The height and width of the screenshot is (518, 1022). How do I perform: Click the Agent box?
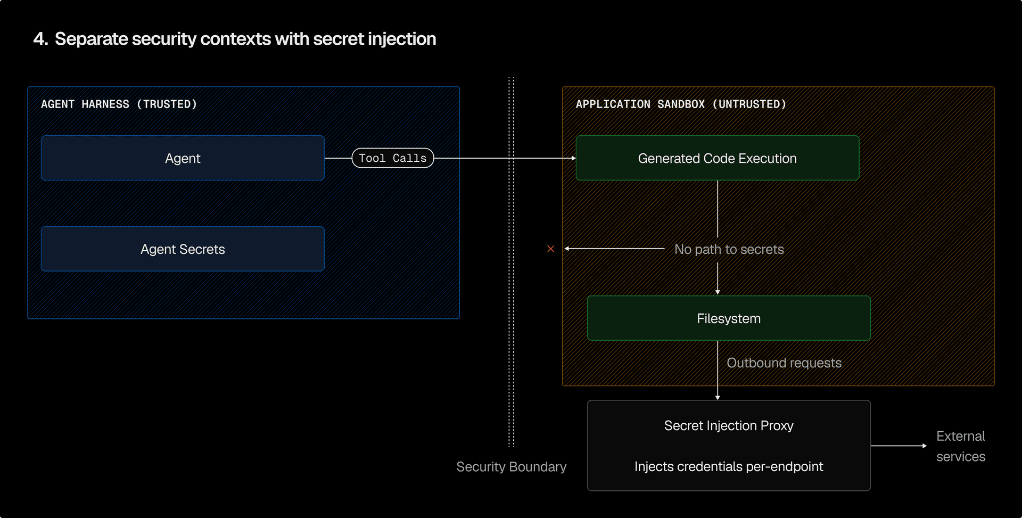click(183, 158)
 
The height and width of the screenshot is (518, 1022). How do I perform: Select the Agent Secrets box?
click(183, 249)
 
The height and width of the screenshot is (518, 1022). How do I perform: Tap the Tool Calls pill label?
click(393, 158)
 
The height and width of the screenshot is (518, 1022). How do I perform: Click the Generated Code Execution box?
click(717, 158)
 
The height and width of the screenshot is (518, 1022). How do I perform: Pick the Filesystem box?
click(728, 318)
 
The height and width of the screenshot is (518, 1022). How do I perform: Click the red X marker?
click(551, 249)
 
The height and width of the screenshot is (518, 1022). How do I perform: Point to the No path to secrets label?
click(729, 249)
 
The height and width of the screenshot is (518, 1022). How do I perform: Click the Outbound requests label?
click(784, 363)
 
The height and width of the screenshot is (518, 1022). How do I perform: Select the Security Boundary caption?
click(511, 467)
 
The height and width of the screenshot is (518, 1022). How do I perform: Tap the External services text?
click(960, 446)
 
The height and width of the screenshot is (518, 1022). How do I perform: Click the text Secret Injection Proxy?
click(728, 426)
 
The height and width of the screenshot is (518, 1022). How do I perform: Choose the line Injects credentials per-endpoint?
click(728, 467)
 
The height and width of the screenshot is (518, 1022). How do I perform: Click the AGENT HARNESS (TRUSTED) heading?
click(119, 104)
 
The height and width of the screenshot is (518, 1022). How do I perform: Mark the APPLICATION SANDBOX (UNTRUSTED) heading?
click(681, 104)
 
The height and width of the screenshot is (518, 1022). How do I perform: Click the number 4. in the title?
click(40, 39)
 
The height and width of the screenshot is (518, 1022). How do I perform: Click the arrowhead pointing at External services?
click(925, 446)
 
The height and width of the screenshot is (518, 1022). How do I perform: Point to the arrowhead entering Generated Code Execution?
click(573, 158)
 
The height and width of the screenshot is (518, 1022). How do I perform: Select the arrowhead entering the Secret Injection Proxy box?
click(718, 398)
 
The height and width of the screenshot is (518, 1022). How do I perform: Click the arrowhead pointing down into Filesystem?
click(718, 292)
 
